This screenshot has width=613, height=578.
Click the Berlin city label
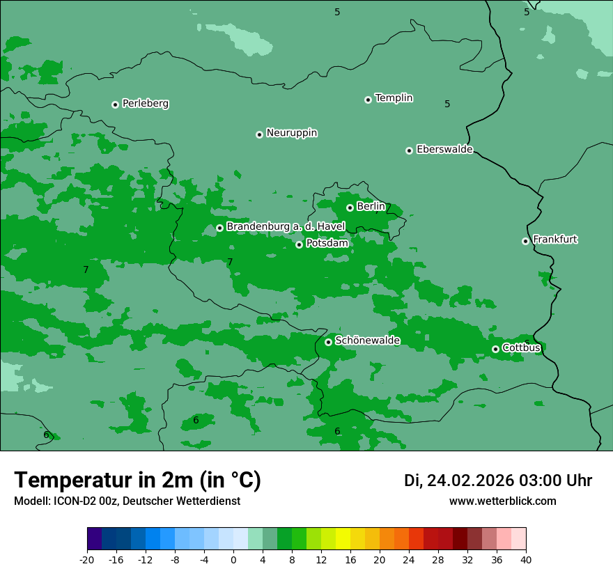[x=371, y=206]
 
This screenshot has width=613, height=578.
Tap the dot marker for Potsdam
[x=300, y=244]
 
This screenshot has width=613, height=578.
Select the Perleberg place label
[x=145, y=104]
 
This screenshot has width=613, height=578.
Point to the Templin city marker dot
[x=368, y=100]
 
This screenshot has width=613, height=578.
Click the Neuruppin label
[x=291, y=133]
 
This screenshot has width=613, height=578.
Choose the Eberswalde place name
[x=444, y=150]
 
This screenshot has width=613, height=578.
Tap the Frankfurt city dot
[x=525, y=241]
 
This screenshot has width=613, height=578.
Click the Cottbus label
[x=521, y=347]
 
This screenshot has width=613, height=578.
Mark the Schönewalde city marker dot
[x=328, y=342]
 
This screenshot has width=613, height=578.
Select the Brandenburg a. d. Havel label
[x=286, y=226]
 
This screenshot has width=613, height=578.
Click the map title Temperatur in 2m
[x=137, y=480]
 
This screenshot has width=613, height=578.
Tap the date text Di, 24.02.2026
[x=458, y=481]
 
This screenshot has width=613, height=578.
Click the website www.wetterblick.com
[x=502, y=501]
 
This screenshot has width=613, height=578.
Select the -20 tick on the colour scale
[x=87, y=559]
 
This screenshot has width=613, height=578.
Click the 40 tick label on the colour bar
[x=526, y=559]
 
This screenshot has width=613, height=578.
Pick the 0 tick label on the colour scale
[x=233, y=559]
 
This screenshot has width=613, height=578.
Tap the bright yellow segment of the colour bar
[x=343, y=539]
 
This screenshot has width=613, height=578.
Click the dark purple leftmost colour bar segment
[x=94, y=539]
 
